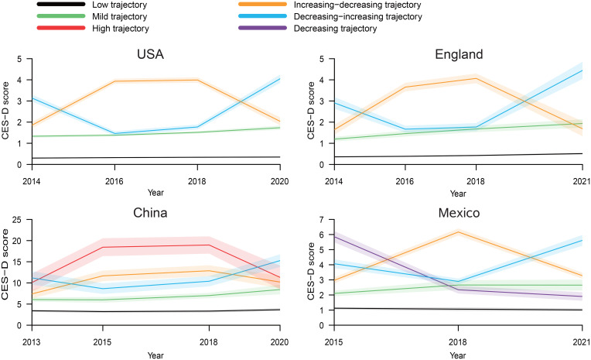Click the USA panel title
150,54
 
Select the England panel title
459,54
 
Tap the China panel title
150,213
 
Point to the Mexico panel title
459,213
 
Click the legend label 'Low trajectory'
119,5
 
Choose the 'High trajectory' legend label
121,29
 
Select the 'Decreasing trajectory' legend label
335,29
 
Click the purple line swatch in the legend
263,28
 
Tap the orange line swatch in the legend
263,5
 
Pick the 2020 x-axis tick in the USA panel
280,181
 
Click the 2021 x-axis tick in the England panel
582,181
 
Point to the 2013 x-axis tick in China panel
32,342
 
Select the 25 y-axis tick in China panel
17,220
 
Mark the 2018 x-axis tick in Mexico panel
458,342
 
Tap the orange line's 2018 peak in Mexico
458,231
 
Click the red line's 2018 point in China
209,245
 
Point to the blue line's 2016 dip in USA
114,133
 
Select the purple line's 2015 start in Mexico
334,237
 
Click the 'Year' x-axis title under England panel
458,194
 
